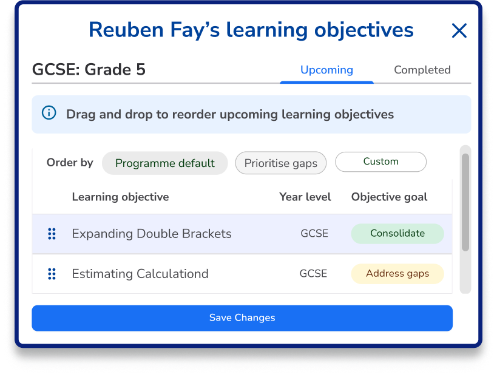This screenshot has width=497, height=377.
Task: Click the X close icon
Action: (459, 30)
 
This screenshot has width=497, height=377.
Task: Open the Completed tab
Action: (422, 70)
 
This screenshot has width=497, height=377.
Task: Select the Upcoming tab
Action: (326, 70)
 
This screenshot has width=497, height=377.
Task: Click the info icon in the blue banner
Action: (49, 114)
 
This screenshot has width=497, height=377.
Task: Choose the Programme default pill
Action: (164, 163)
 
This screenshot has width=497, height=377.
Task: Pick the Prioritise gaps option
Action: (280, 163)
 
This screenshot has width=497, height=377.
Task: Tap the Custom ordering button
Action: (380, 161)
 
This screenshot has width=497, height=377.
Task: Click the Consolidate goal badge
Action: (397, 233)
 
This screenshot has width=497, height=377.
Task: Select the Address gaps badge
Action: (397, 274)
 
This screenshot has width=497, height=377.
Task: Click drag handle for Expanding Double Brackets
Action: (52, 234)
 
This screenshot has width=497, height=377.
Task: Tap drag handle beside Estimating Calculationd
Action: (52, 274)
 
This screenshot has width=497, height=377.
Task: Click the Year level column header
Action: (305, 197)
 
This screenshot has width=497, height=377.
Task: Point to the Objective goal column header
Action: (389, 197)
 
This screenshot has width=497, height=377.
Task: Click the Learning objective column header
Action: (120, 197)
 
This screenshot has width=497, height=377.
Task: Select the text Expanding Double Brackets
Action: (151, 234)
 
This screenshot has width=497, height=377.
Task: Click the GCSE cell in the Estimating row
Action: (313, 274)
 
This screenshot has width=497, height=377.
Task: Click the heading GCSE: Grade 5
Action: (89, 69)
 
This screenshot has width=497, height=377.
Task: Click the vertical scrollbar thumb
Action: (465, 202)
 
